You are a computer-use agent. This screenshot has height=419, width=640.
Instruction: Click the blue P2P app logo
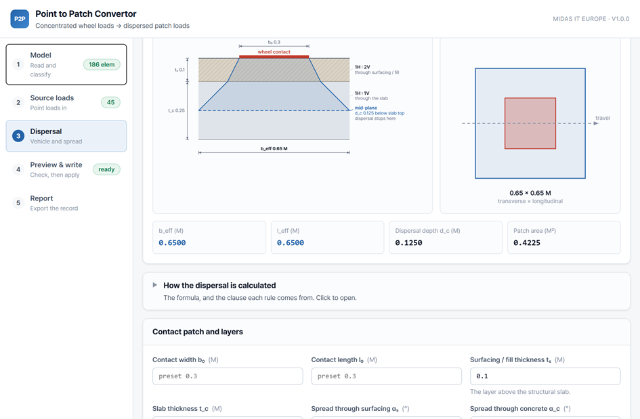click(x=20, y=19)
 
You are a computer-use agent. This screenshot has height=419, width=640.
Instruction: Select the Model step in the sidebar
click(x=66, y=64)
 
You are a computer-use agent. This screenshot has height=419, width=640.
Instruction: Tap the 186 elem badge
click(x=102, y=64)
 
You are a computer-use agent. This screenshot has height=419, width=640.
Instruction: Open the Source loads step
click(x=66, y=102)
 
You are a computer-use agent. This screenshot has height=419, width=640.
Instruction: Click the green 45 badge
click(x=110, y=102)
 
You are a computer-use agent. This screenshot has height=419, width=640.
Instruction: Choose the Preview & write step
click(x=66, y=169)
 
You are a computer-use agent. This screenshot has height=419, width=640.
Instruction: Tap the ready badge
click(x=106, y=169)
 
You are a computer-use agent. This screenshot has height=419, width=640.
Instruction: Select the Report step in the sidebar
click(x=66, y=203)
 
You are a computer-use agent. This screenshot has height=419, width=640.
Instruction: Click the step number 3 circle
click(x=18, y=136)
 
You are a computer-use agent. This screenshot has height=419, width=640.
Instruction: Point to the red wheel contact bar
click(x=274, y=57)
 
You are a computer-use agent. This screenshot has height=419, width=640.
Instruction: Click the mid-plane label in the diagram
click(x=366, y=108)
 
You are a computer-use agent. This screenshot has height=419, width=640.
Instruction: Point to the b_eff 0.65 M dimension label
click(x=274, y=148)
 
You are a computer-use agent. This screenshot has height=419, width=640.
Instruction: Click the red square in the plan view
click(x=530, y=123)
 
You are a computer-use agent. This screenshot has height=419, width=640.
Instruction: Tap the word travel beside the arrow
click(x=603, y=118)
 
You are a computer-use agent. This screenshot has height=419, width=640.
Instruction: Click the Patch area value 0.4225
click(x=526, y=243)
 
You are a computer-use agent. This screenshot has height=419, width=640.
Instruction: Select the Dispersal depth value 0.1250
click(x=408, y=243)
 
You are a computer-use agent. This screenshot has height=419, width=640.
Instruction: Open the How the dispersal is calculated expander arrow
click(x=154, y=285)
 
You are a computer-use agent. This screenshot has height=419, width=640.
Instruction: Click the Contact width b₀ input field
click(x=228, y=376)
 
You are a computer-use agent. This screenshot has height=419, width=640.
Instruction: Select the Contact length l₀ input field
click(x=387, y=376)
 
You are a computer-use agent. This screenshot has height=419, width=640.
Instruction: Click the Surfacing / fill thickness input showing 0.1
click(x=545, y=376)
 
